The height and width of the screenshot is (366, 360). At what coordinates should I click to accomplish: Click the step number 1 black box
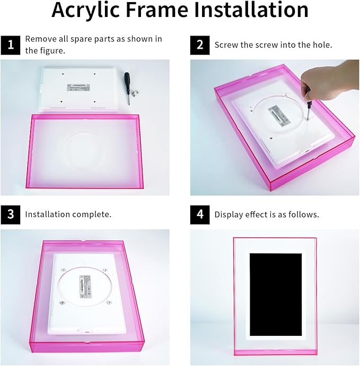pyautogui.click(x=11, y=45)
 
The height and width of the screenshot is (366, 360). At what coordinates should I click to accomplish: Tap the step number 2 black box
pyautogui.click(x=200, y=45)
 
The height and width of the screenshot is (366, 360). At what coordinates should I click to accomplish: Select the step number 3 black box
pyautogui.click(x=11, y=215)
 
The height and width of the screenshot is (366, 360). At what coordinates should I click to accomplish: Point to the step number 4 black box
pyautogui.click(x=200, y=215)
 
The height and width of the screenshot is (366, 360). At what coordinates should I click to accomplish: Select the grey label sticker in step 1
pyautogui.click(x=78, y=87)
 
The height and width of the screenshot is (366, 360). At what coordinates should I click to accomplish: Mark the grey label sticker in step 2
pyautogui.click(x=279, y=117)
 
